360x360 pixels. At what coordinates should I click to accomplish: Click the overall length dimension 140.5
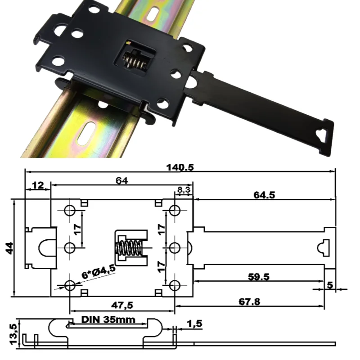pos(180,167)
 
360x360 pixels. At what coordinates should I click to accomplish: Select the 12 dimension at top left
pos(38,185)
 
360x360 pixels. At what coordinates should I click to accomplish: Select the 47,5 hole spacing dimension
pos(122,305)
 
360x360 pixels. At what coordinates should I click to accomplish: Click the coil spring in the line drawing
pos(130,248)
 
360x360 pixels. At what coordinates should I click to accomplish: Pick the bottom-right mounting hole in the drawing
pos(175,285)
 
